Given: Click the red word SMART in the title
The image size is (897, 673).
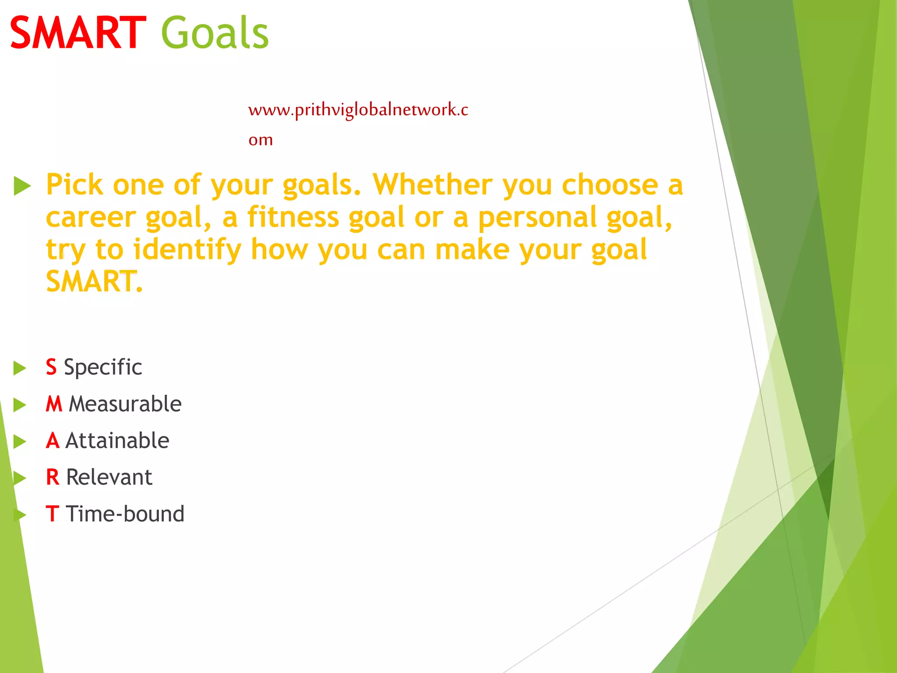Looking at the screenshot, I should click(78, 33).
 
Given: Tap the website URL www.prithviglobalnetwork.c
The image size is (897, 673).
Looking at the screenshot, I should click(358, 110).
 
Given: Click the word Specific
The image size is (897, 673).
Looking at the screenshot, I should click(103, 367).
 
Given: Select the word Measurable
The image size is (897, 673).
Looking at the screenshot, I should click(125, 404).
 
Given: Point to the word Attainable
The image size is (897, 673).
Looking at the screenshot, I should click(117, 441).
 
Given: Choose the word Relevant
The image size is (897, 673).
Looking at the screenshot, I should click(109, 477).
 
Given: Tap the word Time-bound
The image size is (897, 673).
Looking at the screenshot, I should click(125, 514).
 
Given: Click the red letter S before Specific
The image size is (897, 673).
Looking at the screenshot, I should click(51, 367).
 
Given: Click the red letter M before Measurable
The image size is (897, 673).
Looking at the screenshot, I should click(54, 404).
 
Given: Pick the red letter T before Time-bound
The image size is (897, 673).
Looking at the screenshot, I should click(52, 514).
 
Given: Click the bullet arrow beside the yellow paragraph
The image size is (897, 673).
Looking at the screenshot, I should click(22, 186).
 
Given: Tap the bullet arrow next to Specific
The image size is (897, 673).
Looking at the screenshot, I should click(20, 368).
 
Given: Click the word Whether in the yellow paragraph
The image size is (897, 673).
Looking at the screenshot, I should click(432, 184).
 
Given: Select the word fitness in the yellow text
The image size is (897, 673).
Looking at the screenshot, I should click(293, 217).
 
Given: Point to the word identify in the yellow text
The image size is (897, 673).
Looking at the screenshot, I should click(187, 250).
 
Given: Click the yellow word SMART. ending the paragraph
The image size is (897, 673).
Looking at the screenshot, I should click(94, 281).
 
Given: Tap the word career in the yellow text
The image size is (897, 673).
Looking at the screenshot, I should click(91, 217).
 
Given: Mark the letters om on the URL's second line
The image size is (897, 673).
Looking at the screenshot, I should click(261, 140).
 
